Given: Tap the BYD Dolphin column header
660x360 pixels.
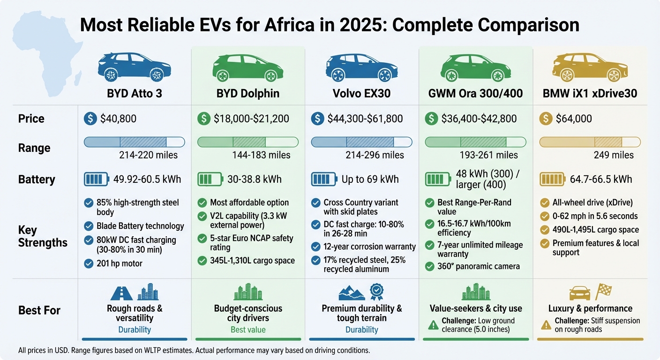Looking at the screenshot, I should tap(248, 93).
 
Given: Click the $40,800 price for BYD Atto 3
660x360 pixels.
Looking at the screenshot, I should tap(118, 119).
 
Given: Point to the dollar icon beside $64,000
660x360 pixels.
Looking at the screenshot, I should tap(546, 119).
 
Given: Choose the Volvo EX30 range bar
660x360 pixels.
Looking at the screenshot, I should tap(362, 142).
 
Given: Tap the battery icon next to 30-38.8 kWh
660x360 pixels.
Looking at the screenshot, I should tap(209, 179).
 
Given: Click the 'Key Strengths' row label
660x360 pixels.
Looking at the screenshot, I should tap(43, 236).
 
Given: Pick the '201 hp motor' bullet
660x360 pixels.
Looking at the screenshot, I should tap(119, 263).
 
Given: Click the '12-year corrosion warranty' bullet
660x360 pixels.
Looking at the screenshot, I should tap(369, 247).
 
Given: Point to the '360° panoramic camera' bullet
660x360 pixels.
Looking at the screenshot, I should tap(478, 266).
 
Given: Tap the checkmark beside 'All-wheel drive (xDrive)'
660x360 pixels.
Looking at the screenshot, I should tap(545, 202).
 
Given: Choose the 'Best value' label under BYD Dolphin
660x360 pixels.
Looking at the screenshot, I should tap(248, 330).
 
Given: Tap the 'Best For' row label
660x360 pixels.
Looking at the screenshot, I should tap(39, 310).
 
